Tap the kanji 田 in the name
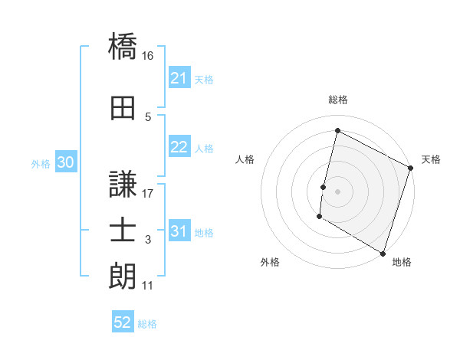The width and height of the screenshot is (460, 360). (123, 109)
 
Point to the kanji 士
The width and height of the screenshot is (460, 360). (123, 231)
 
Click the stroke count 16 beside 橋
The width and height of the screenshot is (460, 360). (148, 56)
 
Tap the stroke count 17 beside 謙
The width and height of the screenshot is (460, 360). (148, 194)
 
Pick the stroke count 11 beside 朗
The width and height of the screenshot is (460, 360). (147, 286)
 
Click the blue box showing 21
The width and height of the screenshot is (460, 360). (179, 78)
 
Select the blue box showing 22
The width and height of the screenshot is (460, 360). (179, 148)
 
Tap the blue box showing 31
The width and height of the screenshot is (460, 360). (179, 231)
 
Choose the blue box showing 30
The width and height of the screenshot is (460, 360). (65, 162)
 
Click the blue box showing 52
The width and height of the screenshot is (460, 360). (123, 323)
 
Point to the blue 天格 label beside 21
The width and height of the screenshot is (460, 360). (204, 79)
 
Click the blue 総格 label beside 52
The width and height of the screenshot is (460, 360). (147, 324)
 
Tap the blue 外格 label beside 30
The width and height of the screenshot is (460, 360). (41, 163)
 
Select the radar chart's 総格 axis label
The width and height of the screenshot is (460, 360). (337, 100)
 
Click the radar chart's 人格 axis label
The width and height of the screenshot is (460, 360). (245, 159)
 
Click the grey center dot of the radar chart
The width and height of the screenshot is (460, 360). (337, 191)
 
